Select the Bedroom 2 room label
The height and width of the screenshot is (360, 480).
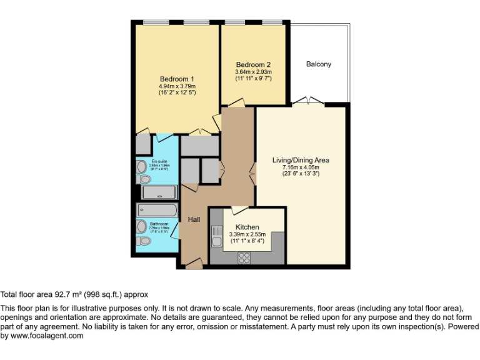click(253, 65)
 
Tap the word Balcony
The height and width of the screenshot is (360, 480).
click(319, 64)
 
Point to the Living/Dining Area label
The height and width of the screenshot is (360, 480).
click(301, 160)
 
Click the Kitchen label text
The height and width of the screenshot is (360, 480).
click(247, 227)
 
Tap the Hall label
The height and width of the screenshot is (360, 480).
click(194, 219)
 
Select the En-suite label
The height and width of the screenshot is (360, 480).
click(159, 162)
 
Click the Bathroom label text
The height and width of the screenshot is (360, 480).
click(159, 224)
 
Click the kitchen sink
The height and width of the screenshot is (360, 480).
click(216, 237)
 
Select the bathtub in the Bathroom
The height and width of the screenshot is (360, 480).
click(157, 210)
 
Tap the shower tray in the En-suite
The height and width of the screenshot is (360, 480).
click(159, 192)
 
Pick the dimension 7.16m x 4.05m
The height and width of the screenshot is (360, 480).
click(301, 167)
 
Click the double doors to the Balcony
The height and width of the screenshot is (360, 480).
click(308, 101)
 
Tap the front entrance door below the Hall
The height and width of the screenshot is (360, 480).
click(194, 265)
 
